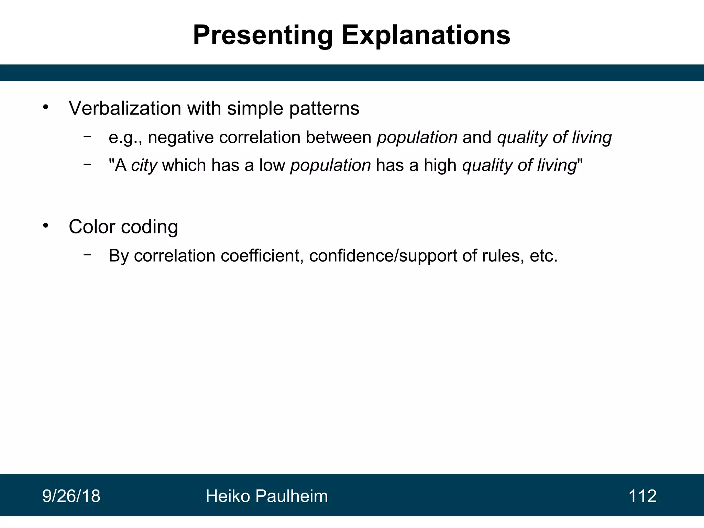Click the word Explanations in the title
click(x=426, y=35)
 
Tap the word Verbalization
click(x=125, y=108)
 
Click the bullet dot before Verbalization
click(x=46, y=107)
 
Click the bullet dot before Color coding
click(x=46, y=226)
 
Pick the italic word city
click(x=144, y=165)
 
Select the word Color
click(x=92, y=227)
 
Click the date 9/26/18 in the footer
click(x=71, y=496)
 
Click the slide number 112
click(x=642, y=496)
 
